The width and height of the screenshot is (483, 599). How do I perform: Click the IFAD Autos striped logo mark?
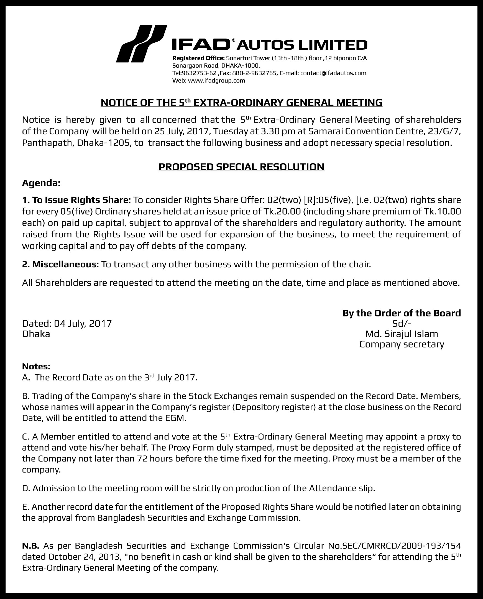(x=141, y=44)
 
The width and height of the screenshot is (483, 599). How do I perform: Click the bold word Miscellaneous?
(x=65, y=264)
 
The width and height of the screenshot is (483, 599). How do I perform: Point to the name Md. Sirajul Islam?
(x=402, y=334)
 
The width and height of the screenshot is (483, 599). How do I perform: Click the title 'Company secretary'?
(x=402, y=344)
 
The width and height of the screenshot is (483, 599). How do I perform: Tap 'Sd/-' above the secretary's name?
(x=402, y=323)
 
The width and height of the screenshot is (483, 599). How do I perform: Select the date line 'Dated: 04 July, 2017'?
(x=67, y=323)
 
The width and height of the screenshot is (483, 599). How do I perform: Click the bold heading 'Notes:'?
(x=36, y=367)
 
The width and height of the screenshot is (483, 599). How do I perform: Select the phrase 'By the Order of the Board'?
(x=402, y=313)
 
